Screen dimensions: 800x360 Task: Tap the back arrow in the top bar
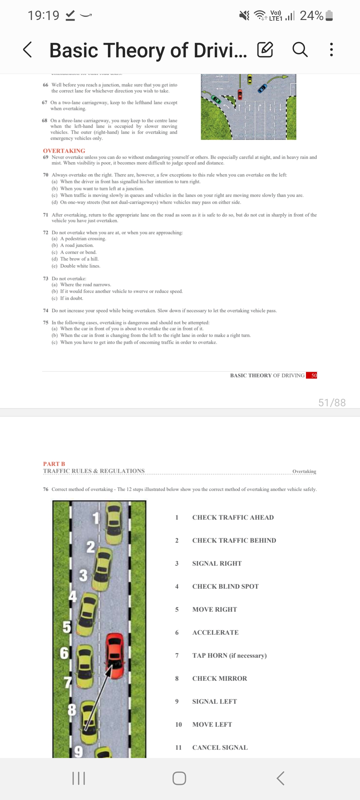28,50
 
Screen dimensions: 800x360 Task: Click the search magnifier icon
300,50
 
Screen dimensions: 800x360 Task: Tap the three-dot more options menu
331,50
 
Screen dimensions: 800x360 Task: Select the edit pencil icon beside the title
265,50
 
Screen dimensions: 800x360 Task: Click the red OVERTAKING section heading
64,151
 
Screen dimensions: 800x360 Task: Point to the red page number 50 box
312,375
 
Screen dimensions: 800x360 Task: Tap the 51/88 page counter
332,403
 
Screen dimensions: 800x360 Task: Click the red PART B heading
54,464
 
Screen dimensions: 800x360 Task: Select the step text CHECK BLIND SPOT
225,586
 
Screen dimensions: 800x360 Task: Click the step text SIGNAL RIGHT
217,563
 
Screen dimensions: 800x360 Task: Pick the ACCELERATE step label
215,632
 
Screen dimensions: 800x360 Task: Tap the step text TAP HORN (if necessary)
229,655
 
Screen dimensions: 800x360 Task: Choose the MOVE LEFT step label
212,724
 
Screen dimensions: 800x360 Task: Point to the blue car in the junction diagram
263,88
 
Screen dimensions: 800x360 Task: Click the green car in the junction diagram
217,99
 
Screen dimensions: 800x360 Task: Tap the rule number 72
46,232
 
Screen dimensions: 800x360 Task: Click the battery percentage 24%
311,15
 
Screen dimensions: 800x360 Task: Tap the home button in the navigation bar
179,778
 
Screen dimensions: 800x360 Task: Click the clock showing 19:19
43,15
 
